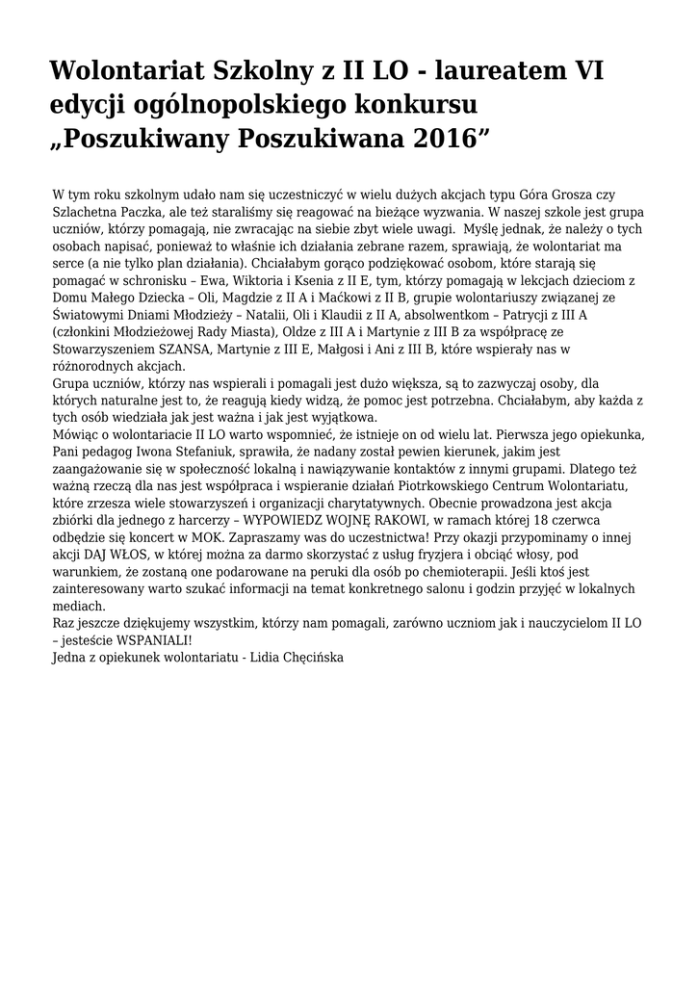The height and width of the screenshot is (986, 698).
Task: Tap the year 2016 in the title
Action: [x=434, y=137]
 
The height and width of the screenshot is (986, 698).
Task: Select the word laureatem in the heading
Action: [x=502, y=70]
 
